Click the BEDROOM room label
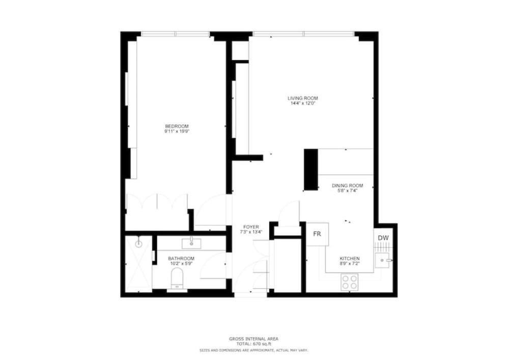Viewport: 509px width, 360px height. point(177,126)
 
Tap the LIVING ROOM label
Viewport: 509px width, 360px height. point(303,98)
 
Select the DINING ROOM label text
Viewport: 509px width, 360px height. point(347,186)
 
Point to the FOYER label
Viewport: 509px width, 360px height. point(251,227)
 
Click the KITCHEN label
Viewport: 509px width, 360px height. point(350,258)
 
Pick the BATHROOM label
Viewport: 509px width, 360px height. point(181,258)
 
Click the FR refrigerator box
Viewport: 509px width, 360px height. point(318,234)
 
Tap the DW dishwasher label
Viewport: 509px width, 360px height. point(383,238)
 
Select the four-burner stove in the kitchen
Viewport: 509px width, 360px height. point(349,282)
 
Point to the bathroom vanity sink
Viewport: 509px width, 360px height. point(191,243)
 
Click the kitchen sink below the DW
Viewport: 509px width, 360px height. point(382,260)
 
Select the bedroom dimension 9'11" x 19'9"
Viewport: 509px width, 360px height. point(177,131)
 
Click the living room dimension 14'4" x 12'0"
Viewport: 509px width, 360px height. point(303,103)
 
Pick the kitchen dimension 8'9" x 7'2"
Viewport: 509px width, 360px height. point(350,264)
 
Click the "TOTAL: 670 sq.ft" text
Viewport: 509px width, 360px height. point(254,344)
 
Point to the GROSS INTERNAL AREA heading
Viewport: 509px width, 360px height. point(254,339)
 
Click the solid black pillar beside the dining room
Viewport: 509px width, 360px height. point(311,169)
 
